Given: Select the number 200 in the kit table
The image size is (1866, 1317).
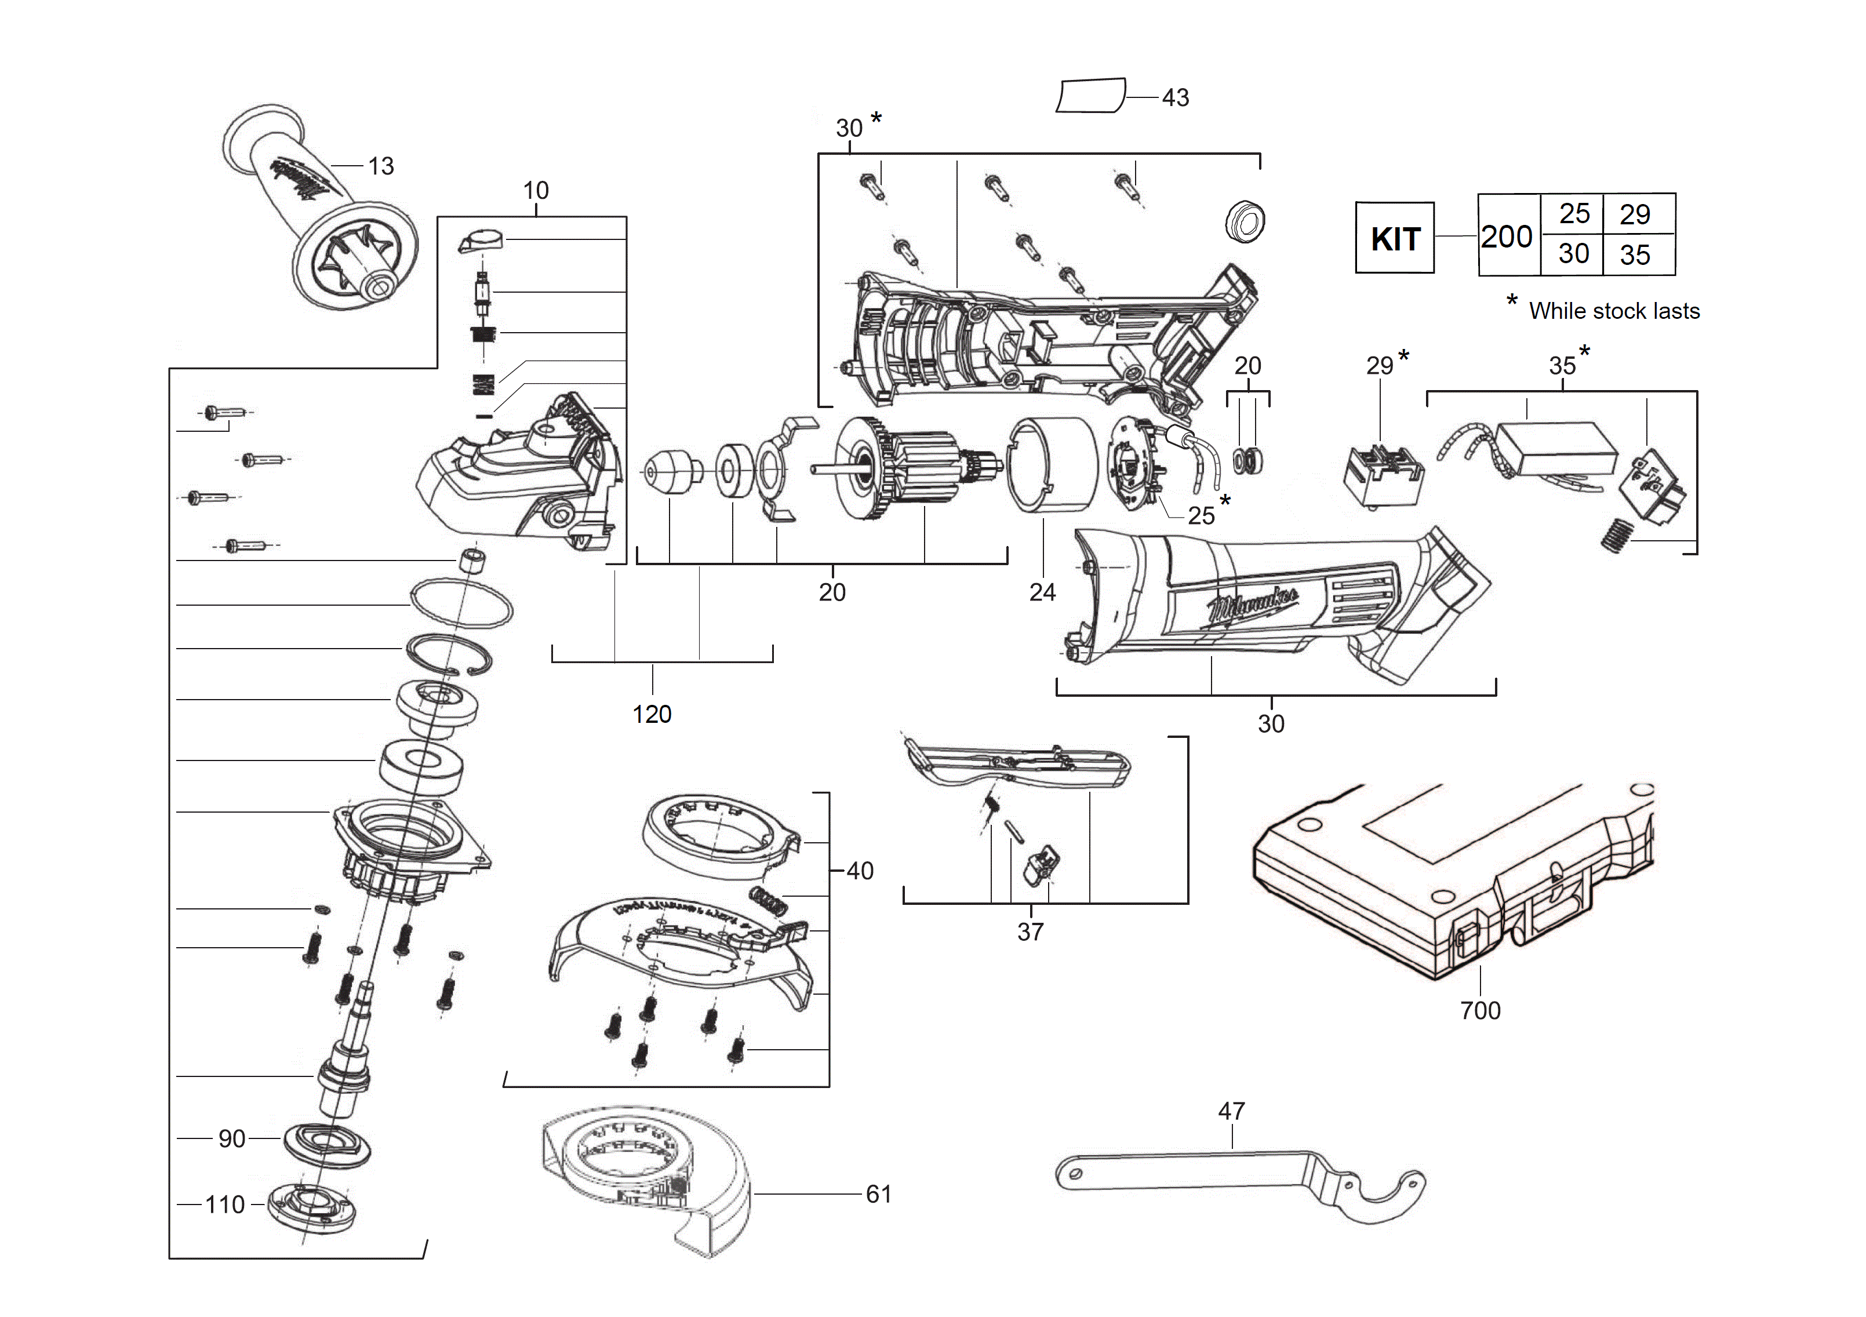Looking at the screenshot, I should point(1506,237).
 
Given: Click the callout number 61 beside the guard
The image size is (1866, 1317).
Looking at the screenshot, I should point(879,1194).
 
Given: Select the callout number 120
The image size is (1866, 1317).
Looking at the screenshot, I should point(652,714).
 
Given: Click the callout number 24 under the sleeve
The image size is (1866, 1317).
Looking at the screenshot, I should point(1042,592).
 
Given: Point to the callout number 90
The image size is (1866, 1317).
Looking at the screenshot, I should point(232,1138).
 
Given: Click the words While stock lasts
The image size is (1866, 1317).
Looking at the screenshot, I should point(1613,311).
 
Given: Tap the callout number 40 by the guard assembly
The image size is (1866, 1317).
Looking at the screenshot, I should point(860,871).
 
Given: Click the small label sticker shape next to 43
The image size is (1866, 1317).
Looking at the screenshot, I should point(1090,96).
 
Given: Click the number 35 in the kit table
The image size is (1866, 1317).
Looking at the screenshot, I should point(1634,255).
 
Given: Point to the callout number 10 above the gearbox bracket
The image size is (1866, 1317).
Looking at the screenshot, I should point(536,190).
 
